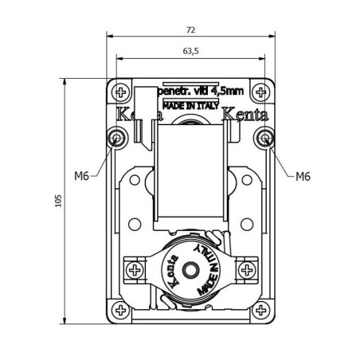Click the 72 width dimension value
[x=190, y=29]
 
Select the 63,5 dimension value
[x=190, y=51]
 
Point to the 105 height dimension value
[x=57, y=202]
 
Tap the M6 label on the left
[x=81, y=176]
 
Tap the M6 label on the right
[x=302, y=176]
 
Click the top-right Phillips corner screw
[x=263, y=90]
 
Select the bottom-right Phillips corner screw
[x=263, y=311]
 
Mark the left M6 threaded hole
[x=118, y=139]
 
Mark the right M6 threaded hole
[x=264, y=139]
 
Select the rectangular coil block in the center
[x=191, y=175]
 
